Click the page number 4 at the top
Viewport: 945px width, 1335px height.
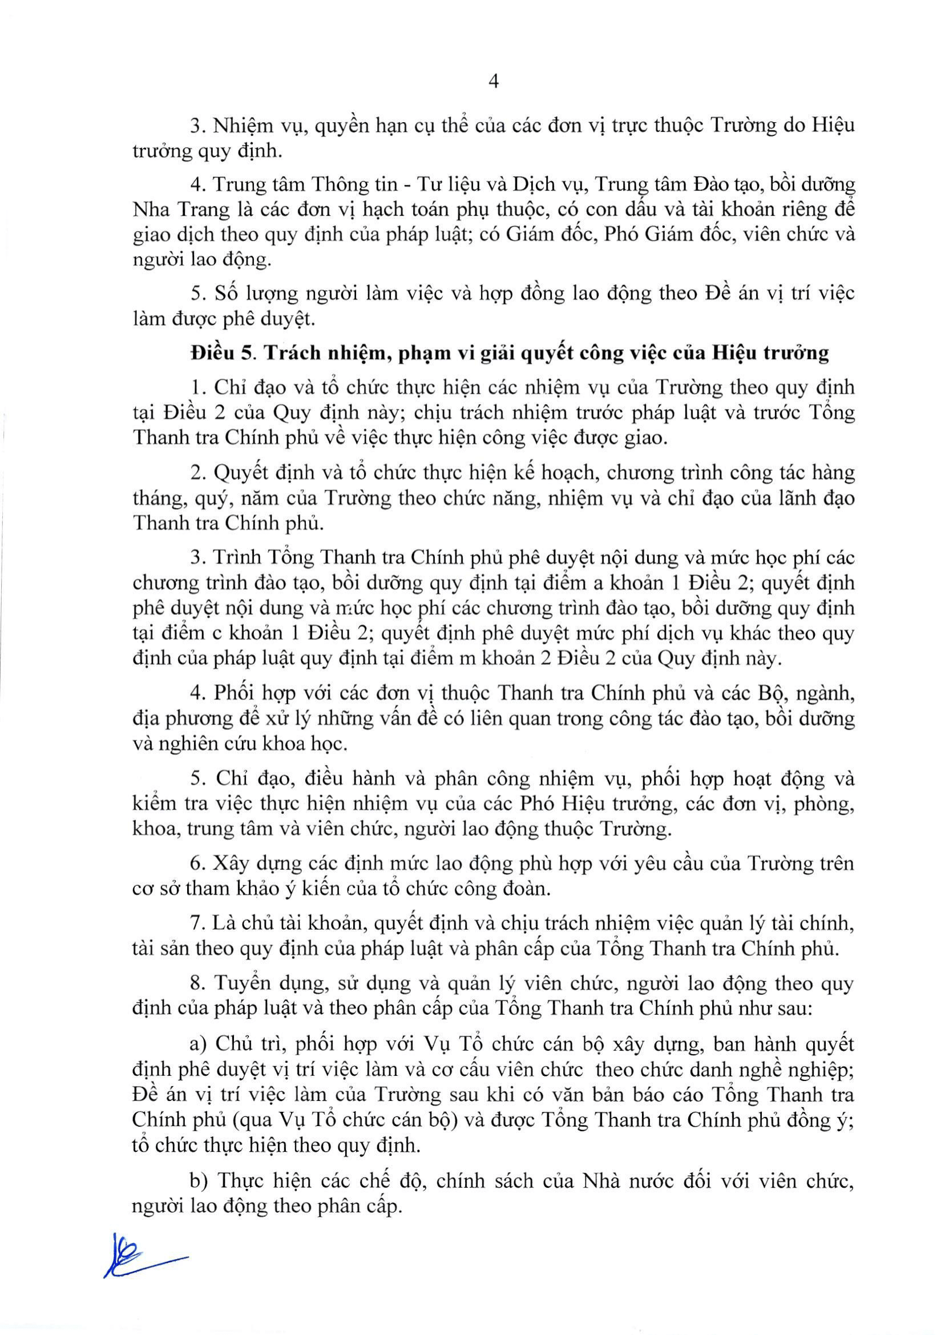coord(494,82)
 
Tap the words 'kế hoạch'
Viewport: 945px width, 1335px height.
coord(557,473)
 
